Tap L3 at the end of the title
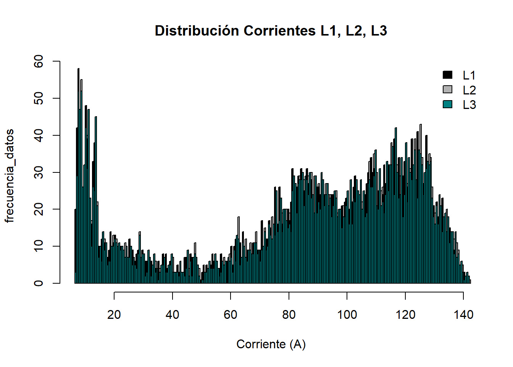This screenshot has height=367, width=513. click(379, 31)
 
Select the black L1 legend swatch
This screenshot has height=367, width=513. click(447, 75)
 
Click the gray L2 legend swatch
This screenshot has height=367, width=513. click(447, 89)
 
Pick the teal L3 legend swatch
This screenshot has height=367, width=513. click(447, 104)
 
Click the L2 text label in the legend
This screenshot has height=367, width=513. click(469, 90)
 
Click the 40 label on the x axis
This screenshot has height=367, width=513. click(172, 315)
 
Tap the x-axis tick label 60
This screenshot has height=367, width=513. click(231, 315)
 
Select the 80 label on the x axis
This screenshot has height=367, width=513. click(289, 315)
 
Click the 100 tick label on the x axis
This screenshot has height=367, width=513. click(347, 315)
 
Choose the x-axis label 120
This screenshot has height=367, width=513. click(405, 315)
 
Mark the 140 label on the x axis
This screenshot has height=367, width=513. click(463, 315)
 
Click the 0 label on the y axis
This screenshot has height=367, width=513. click(39, 283)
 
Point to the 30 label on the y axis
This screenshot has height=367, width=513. click(39, 172)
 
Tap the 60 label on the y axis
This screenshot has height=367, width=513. click(39, 62)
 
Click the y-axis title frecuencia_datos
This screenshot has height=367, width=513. click(10, 176)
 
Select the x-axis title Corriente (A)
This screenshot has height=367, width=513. click(271, 344)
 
